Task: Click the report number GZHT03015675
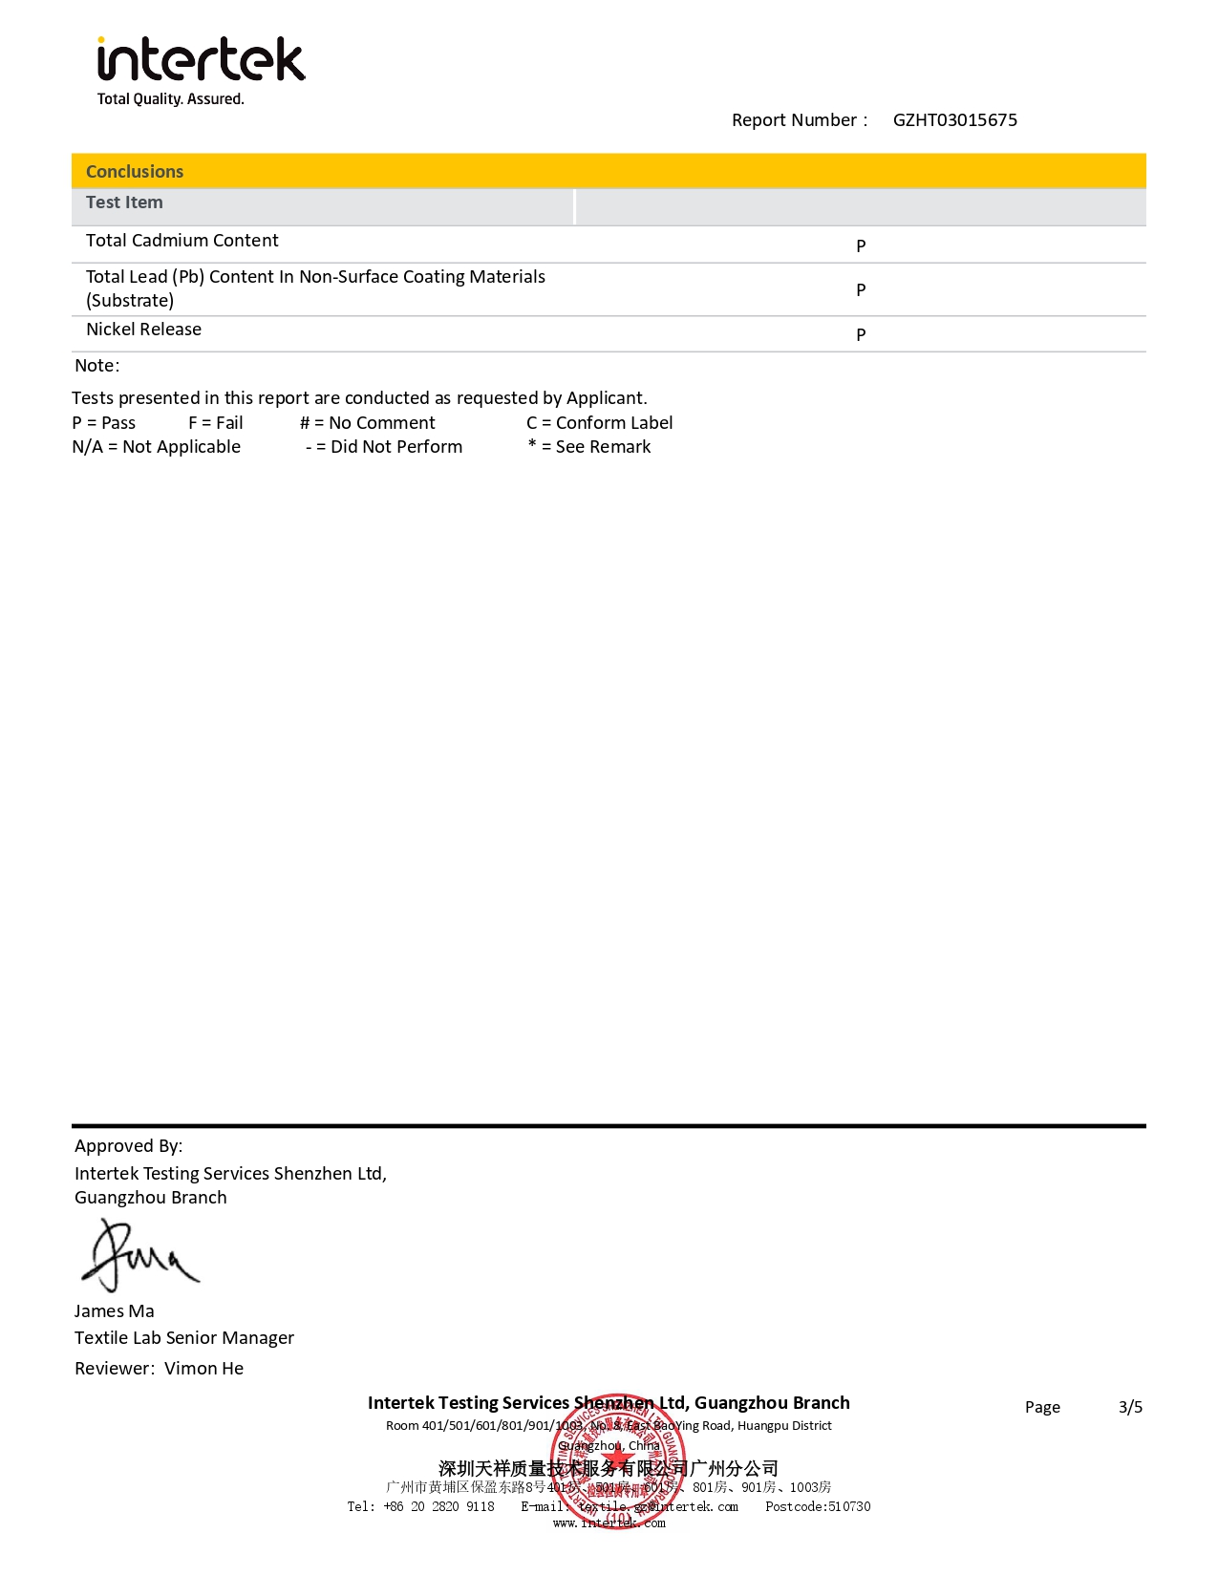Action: [954, 120]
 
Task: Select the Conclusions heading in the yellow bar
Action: [135, 172]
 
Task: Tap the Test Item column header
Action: [124, 202]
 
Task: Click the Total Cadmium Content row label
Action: [182, 241]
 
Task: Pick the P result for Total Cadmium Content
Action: [861, 246]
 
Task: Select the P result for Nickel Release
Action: [861, 335]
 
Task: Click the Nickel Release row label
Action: [143, 330]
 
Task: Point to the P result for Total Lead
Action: [861, 290]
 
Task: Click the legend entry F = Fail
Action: [216, 423]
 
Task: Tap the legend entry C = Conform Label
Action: [599, 423]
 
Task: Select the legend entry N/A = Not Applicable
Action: [157, 447]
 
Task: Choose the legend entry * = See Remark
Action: [589, 447]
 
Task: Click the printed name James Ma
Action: [115, 1311]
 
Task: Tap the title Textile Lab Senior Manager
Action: [184, 1338]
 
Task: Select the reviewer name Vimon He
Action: [203, 1369]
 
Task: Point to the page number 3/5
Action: [1130, 1407]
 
